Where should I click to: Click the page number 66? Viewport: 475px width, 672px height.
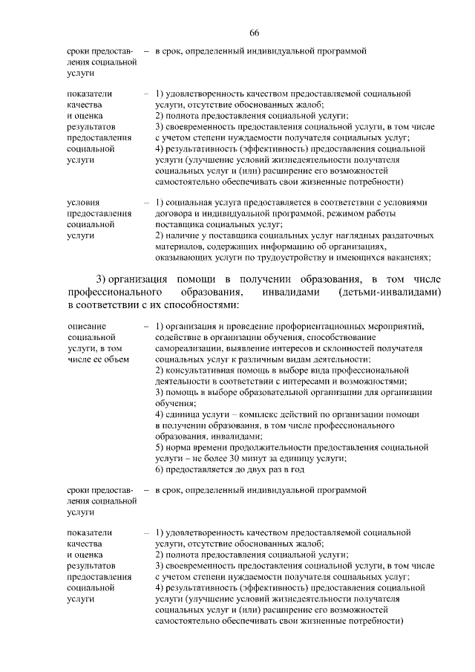254,33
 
